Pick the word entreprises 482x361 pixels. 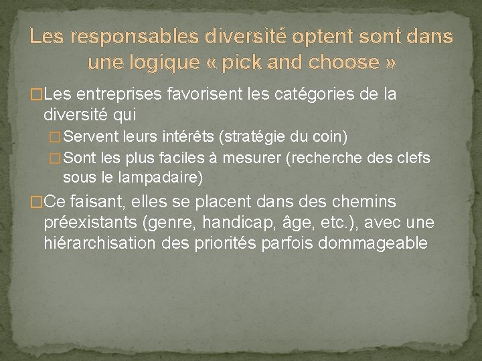tap(110, 95)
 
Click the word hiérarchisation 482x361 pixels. tap(99, 243)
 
